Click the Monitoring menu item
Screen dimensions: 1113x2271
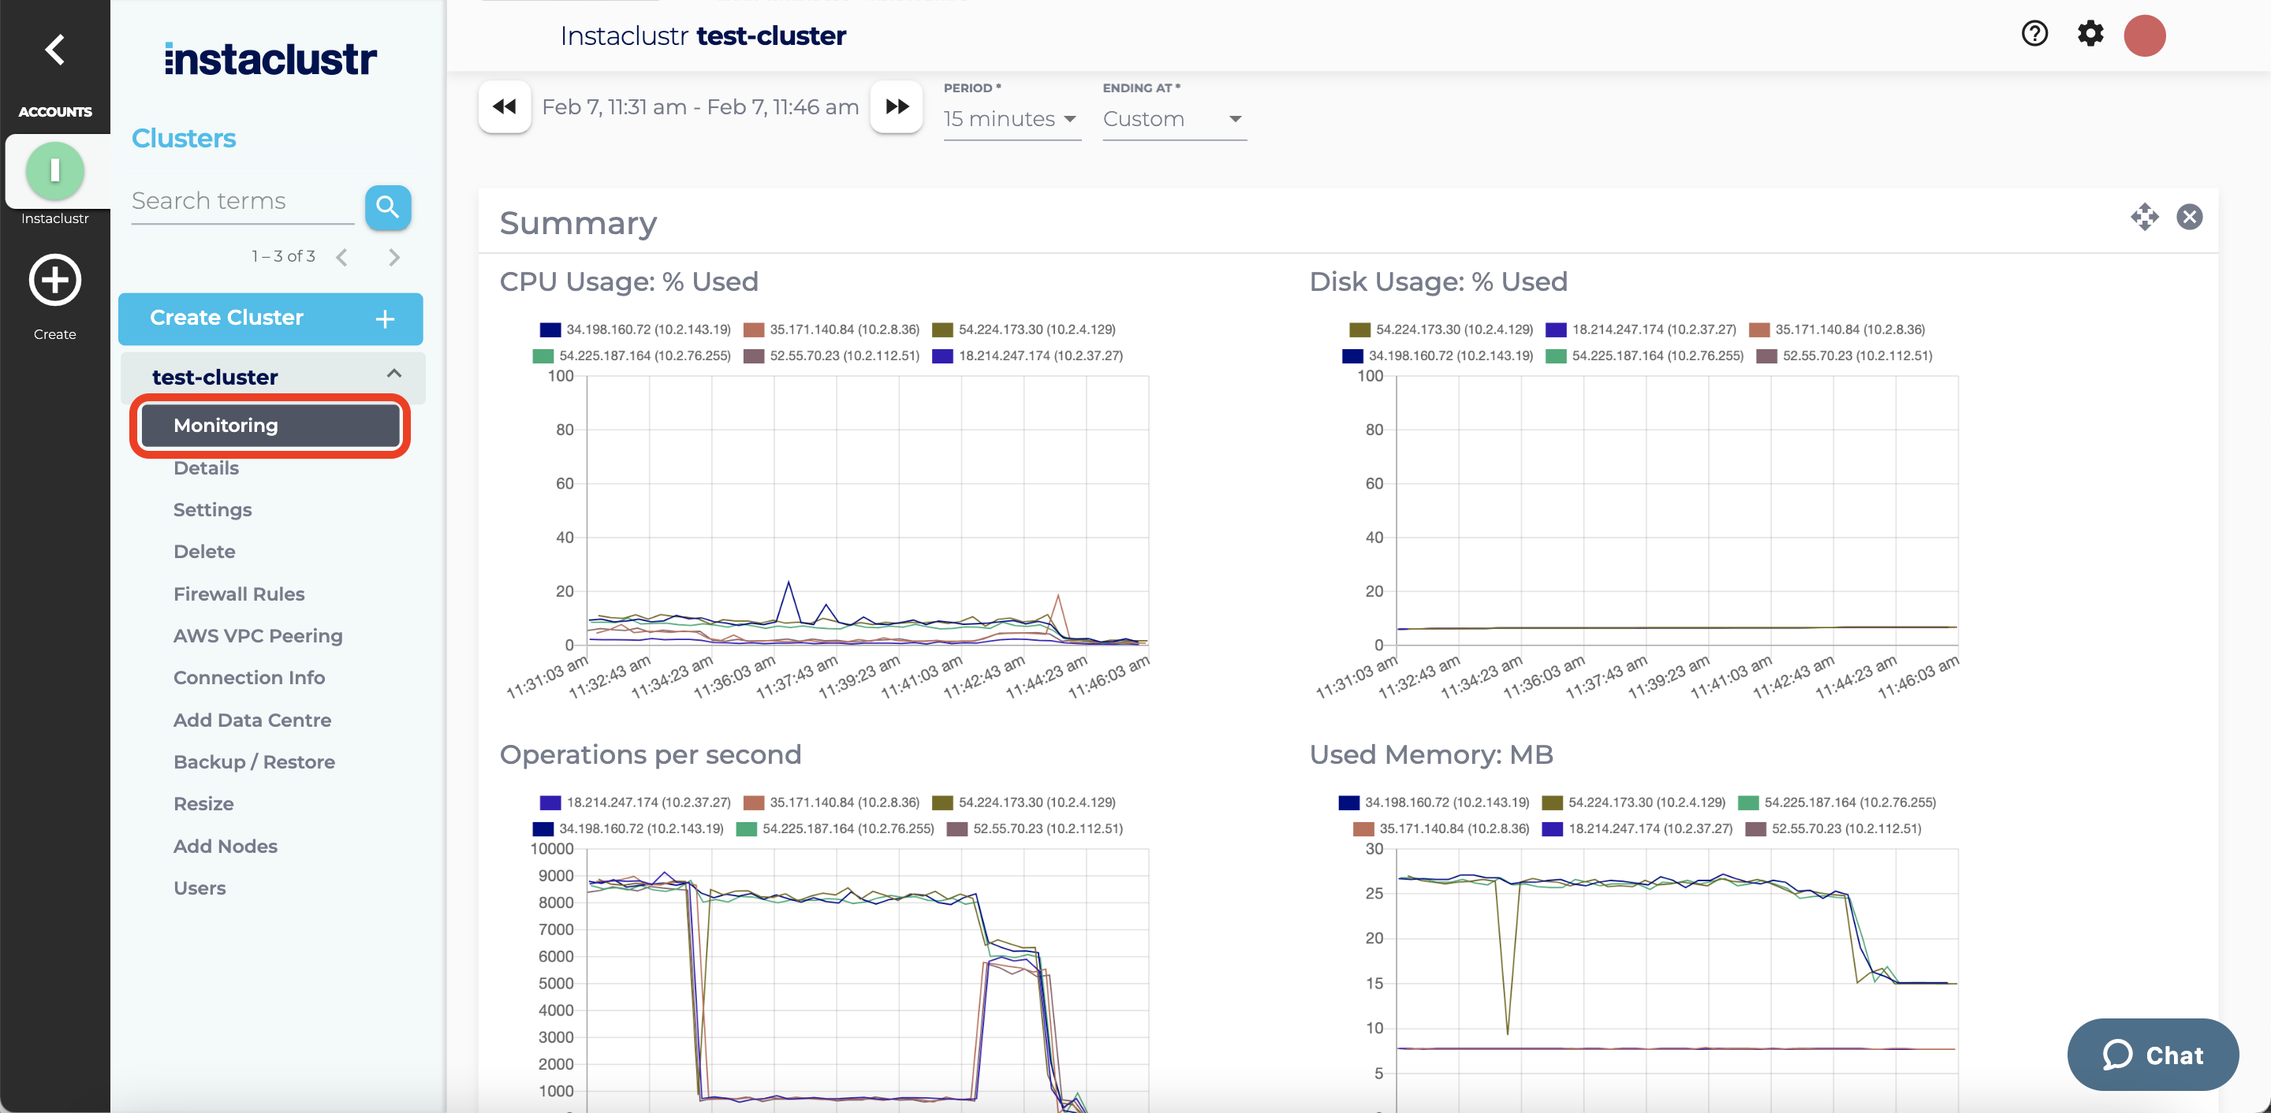pos(270,426)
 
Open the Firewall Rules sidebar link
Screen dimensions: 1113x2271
pos(239,594)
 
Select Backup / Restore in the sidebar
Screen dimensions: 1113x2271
pos(254,761)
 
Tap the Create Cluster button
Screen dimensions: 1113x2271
pos(270,318)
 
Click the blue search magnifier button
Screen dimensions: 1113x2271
pos(388,207)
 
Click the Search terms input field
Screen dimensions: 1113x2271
pos(241,202)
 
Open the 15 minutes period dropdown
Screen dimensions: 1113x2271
pos(1010,119)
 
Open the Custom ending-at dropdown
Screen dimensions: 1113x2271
pos(1173,119)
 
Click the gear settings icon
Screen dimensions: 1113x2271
pos(2090,35)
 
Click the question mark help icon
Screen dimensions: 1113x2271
pos(2034,35)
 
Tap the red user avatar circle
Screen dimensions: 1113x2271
pos(2145,36)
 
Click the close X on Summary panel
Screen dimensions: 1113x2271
pos(2189,217)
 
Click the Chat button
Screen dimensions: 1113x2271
pos(2152,1055)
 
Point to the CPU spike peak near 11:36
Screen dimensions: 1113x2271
pos(789,582)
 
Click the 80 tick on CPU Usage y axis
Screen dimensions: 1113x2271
pos(565,430)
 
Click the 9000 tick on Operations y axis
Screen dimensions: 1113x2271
pos(555,876)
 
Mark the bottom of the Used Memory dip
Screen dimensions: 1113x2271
pos(1508,1033)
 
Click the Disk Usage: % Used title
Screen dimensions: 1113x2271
pos(1438,282)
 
